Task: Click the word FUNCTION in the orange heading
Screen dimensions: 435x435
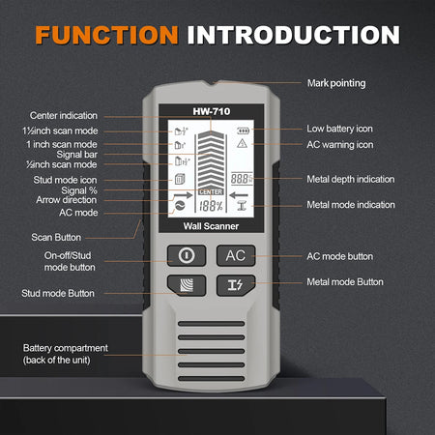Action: click(106, 36)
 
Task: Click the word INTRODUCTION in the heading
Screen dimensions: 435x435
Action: click(294, 36)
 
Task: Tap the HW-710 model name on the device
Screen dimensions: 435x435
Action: click(217, 111)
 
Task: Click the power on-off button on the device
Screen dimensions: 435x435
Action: click(186, 255)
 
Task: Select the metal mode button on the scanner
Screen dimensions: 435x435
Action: click(235, 283)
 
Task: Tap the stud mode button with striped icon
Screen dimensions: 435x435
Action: click(186, 283)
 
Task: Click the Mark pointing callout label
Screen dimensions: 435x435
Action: click(335, 83)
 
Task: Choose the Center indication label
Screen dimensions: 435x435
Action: click(64, 114)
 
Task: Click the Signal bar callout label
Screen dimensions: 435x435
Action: click(83, 153)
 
